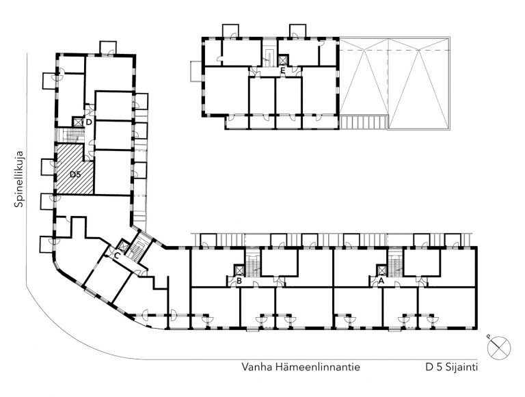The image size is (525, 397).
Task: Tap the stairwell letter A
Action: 381,282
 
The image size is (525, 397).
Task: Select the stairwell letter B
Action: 239,281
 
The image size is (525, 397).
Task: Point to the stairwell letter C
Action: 117,256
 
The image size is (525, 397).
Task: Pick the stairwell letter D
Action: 89,122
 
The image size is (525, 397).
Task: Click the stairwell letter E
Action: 283,70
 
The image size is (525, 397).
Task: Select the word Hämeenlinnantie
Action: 317,367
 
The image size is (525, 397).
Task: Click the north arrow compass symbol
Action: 498,348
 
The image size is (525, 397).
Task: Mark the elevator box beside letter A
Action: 381,270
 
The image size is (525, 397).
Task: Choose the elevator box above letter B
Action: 240,270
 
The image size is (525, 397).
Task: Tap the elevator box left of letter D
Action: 78,122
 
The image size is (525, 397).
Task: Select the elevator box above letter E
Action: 283,61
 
